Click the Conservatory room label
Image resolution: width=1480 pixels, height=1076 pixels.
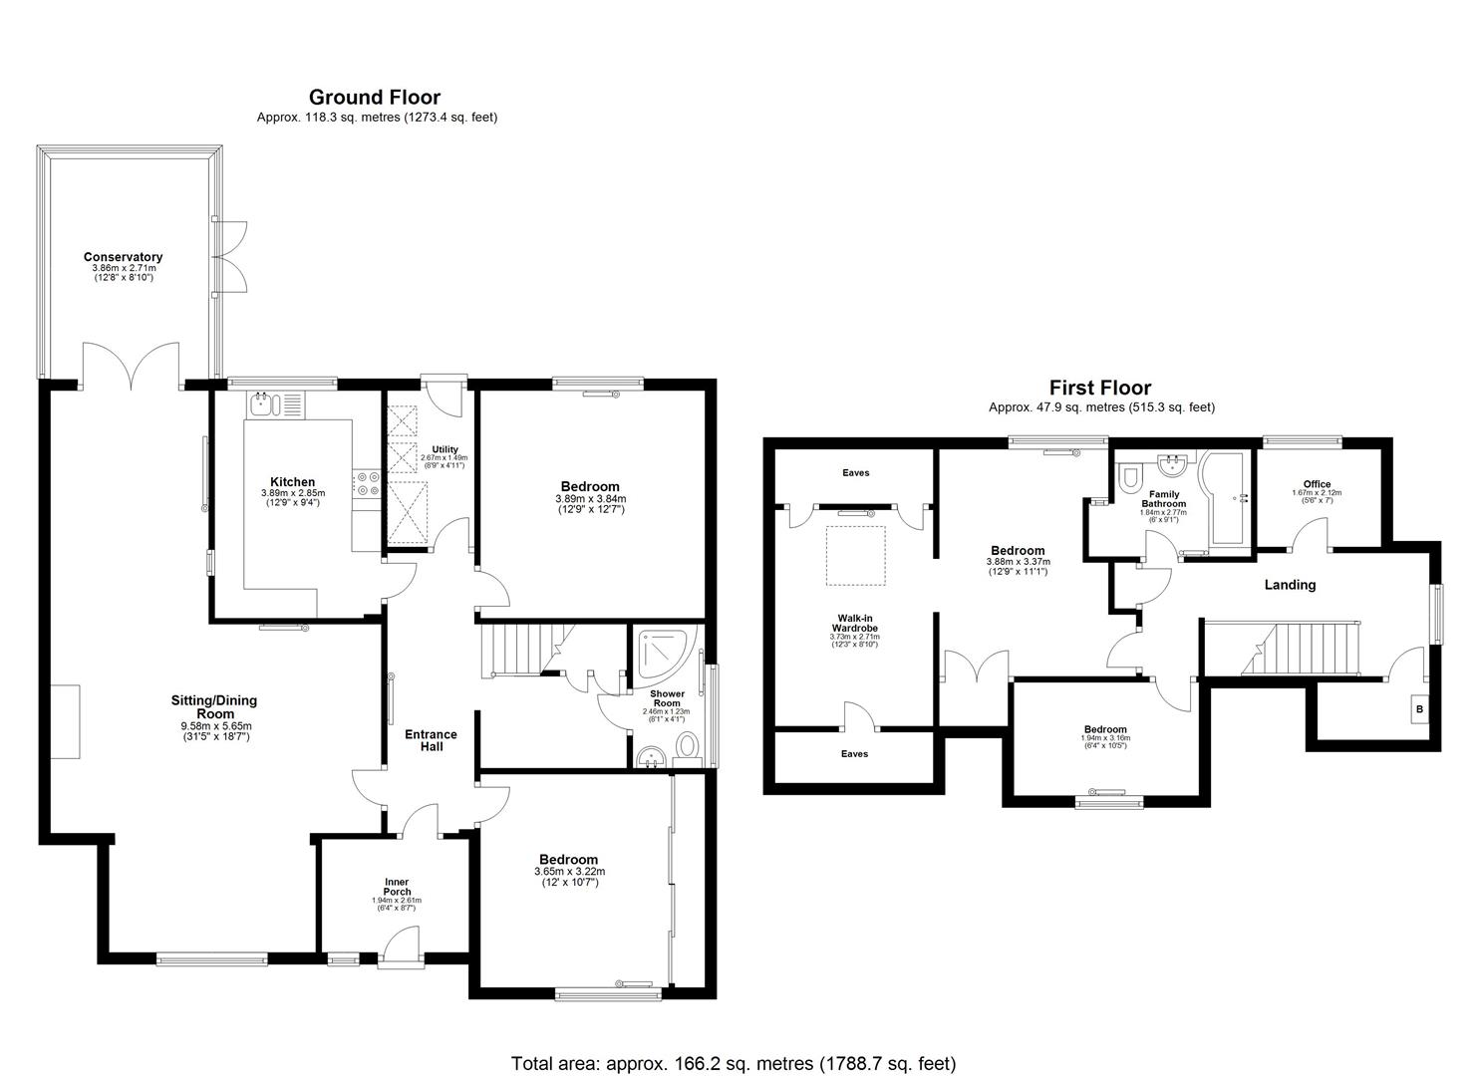pos(123,257)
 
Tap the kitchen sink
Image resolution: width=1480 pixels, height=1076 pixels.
pos(263,403)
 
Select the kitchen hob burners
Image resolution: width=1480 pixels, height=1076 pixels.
pos(366,482)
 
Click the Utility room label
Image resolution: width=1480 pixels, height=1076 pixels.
pos(444,450)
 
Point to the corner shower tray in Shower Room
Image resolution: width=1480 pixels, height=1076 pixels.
pos(659,653)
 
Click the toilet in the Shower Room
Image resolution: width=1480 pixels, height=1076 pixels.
pos(687,746)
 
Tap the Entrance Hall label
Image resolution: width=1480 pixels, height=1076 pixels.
pos(431,740)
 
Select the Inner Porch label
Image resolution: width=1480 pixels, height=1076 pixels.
pos(397,887)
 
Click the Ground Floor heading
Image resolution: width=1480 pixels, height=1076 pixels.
pos(374,97)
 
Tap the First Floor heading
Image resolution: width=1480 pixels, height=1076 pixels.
pos(1099,388)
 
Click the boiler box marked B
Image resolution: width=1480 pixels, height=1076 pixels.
pos(1419,710)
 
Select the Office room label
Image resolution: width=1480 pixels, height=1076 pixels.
pos(1317,485)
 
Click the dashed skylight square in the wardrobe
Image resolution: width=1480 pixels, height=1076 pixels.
pos(855,555)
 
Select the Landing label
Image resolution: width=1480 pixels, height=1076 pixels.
pos(1290,585)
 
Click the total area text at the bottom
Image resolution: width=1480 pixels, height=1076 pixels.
pos(733,1063)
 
